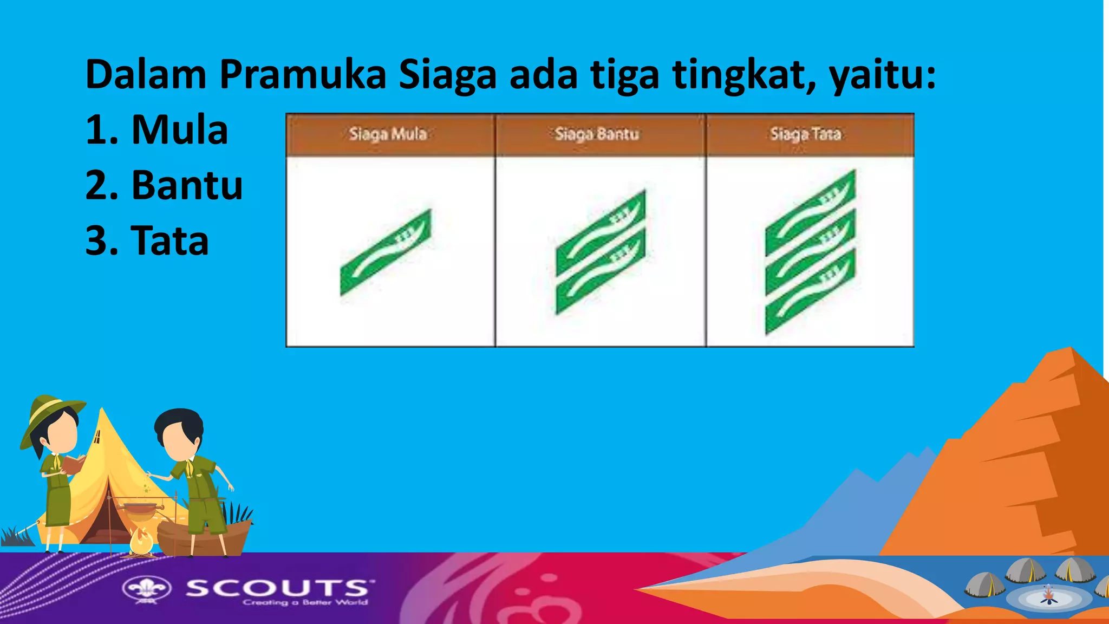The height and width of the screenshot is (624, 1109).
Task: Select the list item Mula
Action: (179, 130)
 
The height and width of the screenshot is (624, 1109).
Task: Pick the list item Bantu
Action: (187, 185)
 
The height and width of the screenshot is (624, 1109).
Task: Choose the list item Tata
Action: (169, 240)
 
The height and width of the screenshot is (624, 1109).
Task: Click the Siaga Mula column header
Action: (388, 134)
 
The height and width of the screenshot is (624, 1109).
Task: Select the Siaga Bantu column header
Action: (597, 134)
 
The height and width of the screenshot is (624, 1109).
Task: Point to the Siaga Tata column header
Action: (805, 134)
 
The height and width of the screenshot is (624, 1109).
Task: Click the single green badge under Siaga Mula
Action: (385, 252)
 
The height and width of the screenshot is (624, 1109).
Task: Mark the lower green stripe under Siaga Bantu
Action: (601, 272)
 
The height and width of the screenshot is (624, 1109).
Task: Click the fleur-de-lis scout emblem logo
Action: (147, 589)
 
